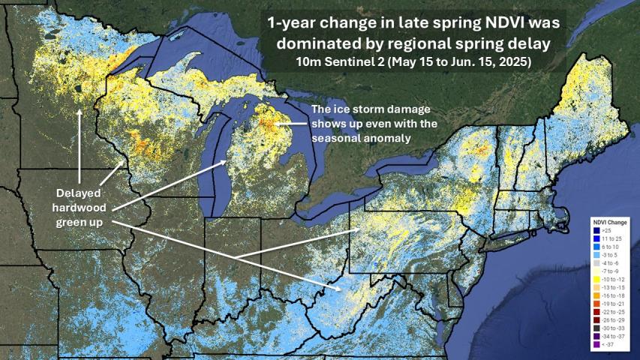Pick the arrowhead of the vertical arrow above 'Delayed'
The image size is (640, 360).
[x=80, y=111]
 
